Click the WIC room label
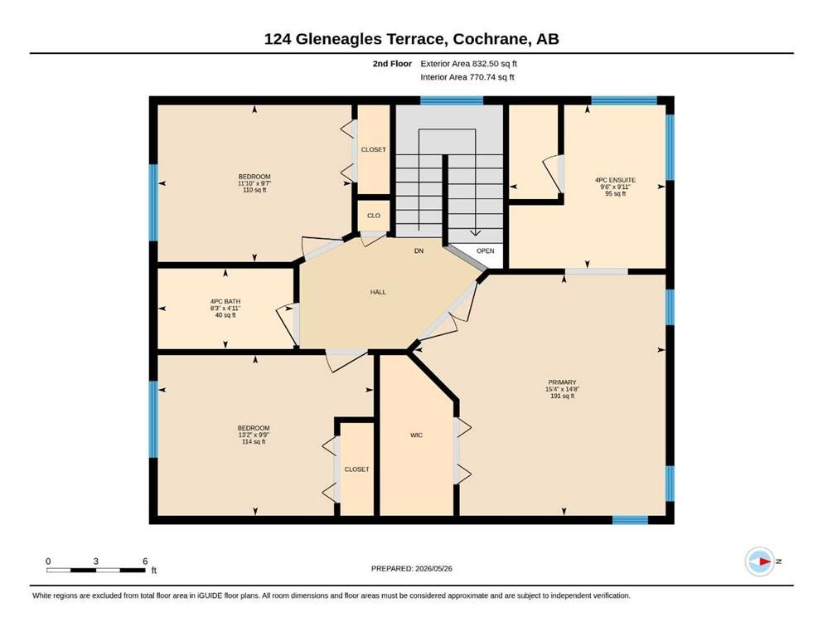click(x=416, y=435)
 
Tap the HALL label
click(x=378, y=292)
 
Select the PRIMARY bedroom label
click(x=562, y=382)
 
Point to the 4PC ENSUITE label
click(x=615, y=180)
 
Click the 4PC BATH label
click(x=225, y=301)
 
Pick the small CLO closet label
click(x=374, y=216)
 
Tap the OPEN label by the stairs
click(x=486, y=250)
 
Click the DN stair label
click(x=419, y=250)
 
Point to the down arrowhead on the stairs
click(x=475, y=232)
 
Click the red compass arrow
click(x=765, y=562)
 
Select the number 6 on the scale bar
click(x=145, y=561)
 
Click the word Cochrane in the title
click(x=490, y=39)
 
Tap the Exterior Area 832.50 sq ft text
click(x=469, y=64)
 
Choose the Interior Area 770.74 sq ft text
click(x=467, y=76)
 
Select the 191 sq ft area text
click(x=562, y=396)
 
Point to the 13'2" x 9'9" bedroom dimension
click(x=254, y=435)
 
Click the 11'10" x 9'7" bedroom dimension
click(x=254, y=183)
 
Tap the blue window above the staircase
click(x=452, y=100)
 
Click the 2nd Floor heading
click(x=392, y=64)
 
